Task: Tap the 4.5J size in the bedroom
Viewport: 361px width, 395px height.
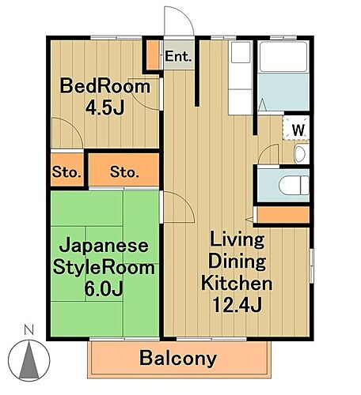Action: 106,107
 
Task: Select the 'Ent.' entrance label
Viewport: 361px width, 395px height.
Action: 177,56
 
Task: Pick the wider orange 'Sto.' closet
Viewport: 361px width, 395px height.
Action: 123,171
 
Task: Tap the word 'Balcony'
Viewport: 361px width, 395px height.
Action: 179,359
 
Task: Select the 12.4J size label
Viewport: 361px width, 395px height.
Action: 237,303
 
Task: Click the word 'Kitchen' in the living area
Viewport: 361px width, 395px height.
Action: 237,283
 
